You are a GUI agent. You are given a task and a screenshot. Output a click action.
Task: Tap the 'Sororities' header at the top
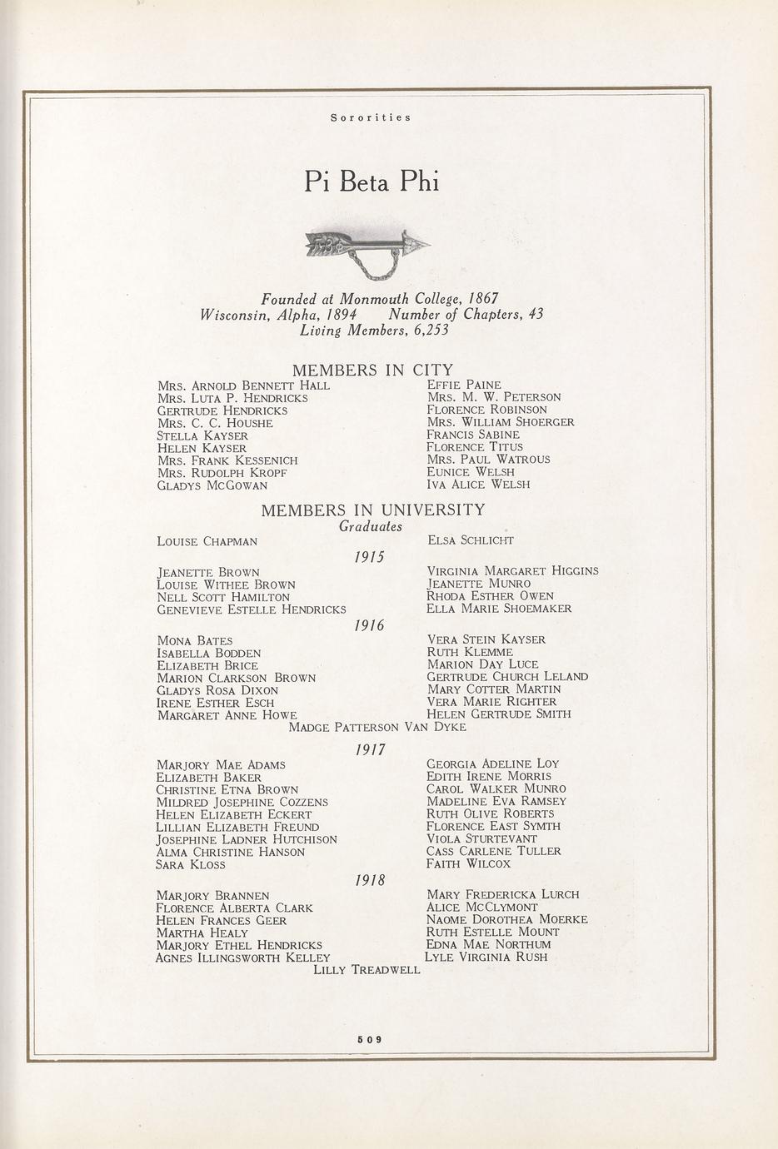click(x=371, y=117)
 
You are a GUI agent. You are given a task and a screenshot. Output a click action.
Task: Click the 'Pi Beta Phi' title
click(x=371, y=181)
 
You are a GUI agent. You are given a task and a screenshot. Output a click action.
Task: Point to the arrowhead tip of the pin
click(x=426, y=244)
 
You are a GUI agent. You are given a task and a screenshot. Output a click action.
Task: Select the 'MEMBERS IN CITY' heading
click(x=372, y=370)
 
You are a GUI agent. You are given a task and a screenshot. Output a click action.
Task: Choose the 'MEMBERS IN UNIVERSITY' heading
click(x=372, y=510)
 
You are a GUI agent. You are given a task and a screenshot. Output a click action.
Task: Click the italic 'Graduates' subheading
click(x=371, y=526)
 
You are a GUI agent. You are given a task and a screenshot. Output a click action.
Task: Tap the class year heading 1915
click(x=370, y=556)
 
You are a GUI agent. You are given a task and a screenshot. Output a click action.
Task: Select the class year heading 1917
click(x=370, y=749)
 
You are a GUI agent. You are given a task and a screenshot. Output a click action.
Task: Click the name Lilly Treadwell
click(x=367, y=970)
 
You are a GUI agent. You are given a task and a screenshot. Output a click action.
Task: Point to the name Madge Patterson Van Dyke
click(x=377, y=727)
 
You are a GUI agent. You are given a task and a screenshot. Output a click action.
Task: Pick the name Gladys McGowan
click(x=212, y=485)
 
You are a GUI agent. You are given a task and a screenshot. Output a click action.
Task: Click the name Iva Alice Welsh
click(x=478, y=484)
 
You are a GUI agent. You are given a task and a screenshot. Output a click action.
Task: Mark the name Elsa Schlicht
click(x=470, y=540)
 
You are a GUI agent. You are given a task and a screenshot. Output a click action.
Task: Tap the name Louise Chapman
click(x=207, y=541)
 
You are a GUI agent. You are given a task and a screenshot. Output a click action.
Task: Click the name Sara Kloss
click(x=191, y=865)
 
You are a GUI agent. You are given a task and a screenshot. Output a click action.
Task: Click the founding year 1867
click(x=482, y=298)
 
